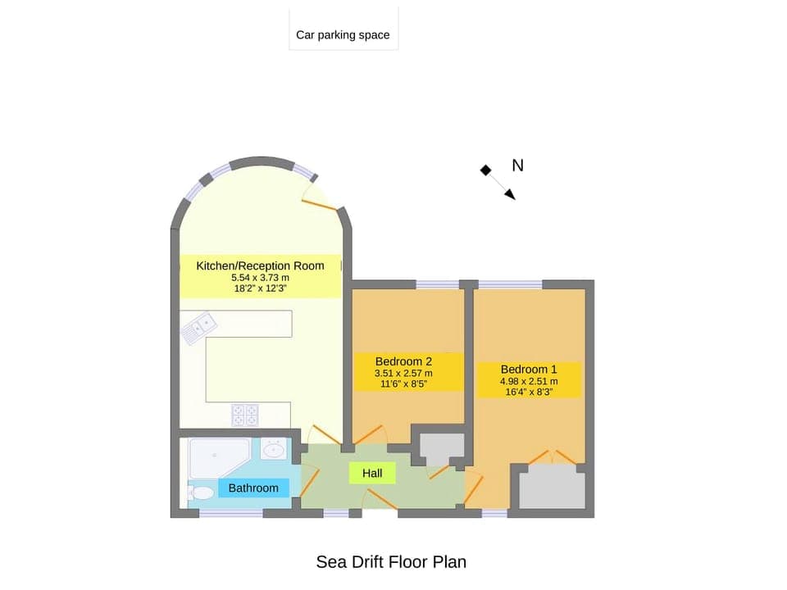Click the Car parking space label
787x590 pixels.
coord(343,35)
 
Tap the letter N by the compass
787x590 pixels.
coord(517,166)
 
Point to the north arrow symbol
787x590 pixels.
coord(498,182)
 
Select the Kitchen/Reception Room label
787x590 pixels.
coord(260,265)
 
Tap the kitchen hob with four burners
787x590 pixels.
coord(245,415)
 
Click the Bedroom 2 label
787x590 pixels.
coord(403,361)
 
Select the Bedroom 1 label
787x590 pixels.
coord(529,369)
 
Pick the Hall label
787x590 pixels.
coord(372,473)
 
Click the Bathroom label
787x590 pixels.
coord(253,488)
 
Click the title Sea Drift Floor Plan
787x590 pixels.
coord(391,561)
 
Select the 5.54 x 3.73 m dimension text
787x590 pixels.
coord(260,278)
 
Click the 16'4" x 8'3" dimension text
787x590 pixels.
coord(529,392)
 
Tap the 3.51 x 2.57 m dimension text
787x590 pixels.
coord(403,374)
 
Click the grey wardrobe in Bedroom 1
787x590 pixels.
coord(553,489)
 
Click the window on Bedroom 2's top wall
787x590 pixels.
coord(437,284)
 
